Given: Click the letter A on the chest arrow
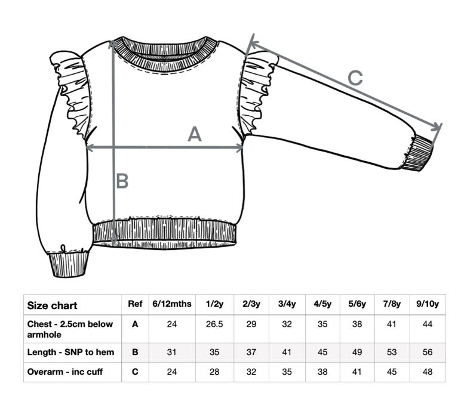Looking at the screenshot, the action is coord(195,134).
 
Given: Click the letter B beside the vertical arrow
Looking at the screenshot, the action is coord(122,181).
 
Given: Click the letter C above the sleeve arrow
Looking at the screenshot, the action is coord(355,78).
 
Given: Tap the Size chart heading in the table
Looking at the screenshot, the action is coord(52,306).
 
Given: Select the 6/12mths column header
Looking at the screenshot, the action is coord(172,304).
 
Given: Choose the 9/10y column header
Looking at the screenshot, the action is coord(428,304).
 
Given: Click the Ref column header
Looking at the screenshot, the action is coord(135,304).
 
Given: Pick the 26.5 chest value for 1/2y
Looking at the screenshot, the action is coord(214,324).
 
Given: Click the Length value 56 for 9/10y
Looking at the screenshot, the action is coord(428,352).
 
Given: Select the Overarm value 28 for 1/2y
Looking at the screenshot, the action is coord(214,372).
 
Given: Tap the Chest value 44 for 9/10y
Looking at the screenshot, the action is coord(428,324).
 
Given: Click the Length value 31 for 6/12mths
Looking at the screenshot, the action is coord(172,352).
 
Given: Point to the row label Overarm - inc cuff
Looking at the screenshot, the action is coord(65,372).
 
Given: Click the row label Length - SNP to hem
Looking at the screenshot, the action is coord(70,352).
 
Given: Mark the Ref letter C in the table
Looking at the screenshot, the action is coord(135,372).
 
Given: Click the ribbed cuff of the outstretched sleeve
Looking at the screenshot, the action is coord(417,153).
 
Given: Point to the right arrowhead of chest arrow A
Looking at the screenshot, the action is coord(239,148).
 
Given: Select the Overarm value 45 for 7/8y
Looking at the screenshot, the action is coord(392,372).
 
